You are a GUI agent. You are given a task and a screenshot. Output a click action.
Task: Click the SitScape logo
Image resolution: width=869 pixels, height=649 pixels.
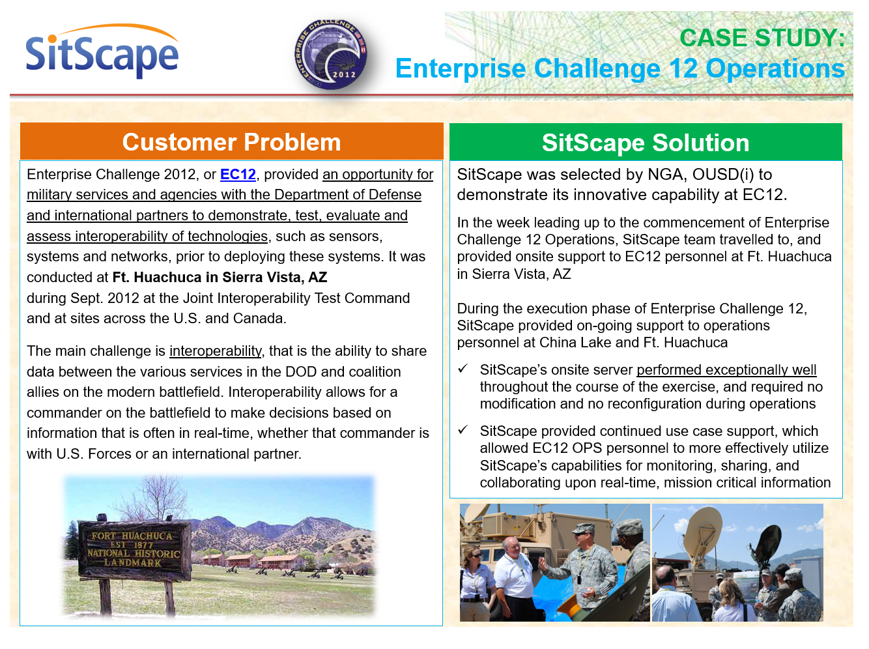(102, 51)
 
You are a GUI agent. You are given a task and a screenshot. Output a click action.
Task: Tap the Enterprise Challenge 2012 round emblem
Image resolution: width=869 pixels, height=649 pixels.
(330, 54)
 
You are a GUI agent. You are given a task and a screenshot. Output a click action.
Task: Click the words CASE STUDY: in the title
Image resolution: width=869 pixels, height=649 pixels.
(762, 38)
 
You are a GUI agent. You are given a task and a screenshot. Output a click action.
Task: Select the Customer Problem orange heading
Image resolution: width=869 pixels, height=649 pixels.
(232, 142)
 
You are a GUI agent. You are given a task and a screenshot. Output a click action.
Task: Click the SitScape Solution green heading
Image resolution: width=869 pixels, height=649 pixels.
(646, 143)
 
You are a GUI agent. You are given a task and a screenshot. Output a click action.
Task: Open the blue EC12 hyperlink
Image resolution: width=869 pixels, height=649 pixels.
(238, 175)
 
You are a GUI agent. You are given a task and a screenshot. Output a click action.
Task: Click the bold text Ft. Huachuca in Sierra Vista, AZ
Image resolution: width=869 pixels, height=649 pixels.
(220, 277)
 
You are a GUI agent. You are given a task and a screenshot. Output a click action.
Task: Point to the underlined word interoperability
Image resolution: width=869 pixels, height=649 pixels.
(216, 351)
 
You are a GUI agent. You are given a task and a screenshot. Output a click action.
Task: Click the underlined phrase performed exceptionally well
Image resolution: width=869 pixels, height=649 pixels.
(726, 370)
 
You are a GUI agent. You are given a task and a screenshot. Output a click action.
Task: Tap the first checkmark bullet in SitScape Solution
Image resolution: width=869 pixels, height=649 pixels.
(463, 369)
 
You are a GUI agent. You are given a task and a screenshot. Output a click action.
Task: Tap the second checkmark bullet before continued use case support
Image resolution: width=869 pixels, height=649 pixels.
(463, 429)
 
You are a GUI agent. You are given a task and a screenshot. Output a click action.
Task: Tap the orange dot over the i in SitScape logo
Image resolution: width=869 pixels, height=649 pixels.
(52, 39)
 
